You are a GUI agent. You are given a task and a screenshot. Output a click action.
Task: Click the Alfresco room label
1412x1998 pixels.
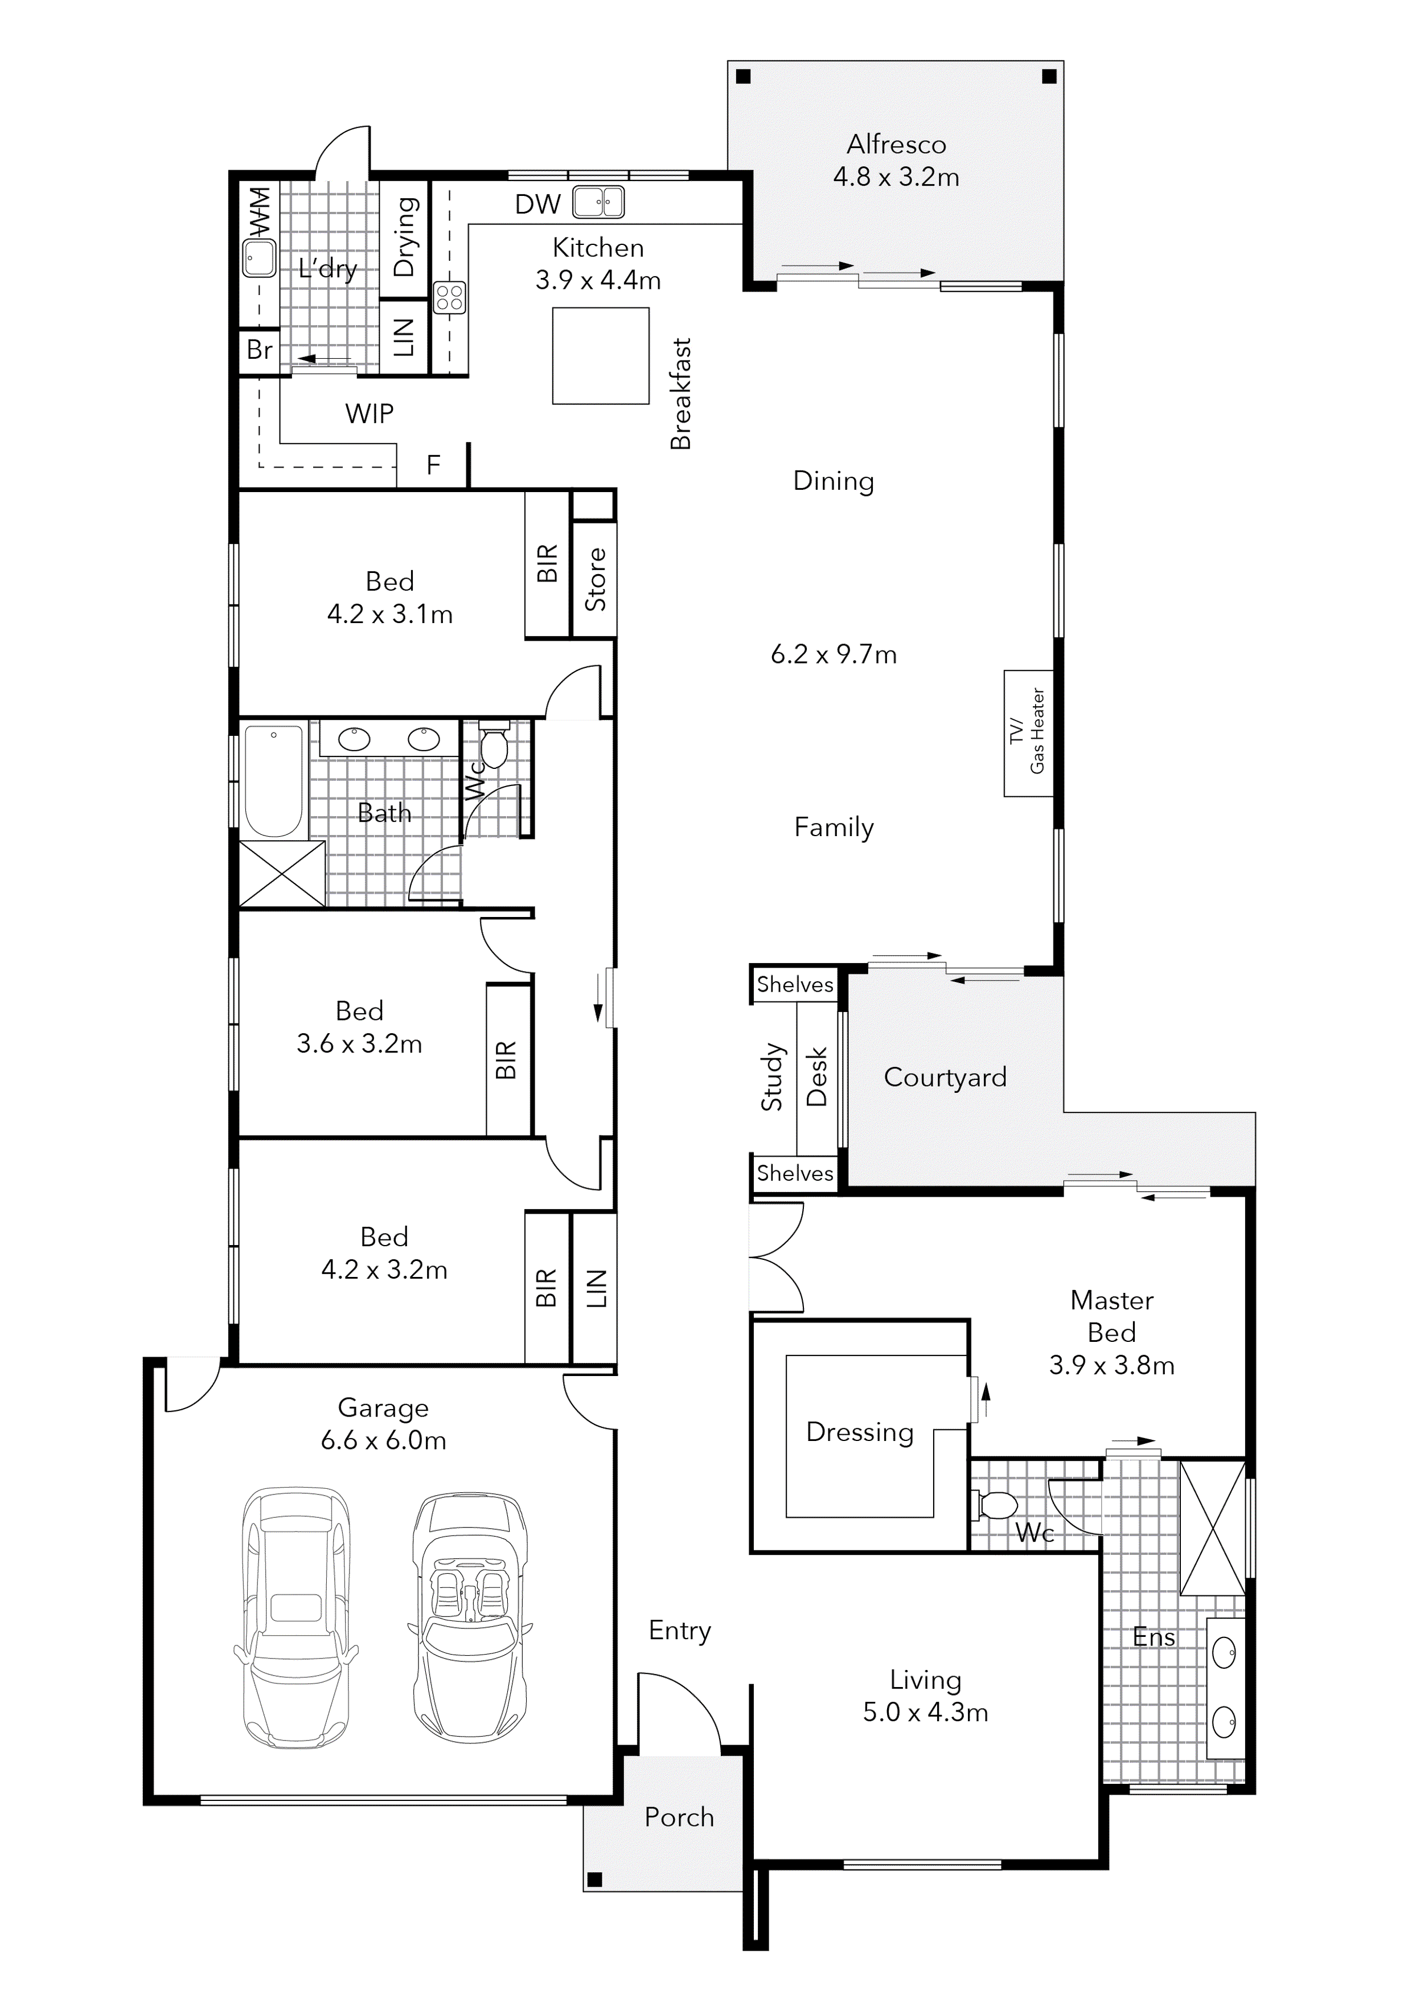point(896,145)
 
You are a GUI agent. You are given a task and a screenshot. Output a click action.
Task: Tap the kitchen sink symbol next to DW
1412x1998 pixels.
point(598,203)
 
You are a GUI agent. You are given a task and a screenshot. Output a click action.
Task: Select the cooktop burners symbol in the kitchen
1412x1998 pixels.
point(450,298)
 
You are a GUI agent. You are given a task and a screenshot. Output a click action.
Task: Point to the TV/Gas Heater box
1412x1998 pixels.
point(1028,732)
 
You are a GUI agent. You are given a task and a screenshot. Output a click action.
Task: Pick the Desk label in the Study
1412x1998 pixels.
point(816,1076)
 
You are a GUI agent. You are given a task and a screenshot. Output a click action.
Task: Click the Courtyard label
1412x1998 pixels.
point(945,1078)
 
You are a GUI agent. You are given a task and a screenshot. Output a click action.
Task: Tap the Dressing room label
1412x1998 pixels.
point(860,1432)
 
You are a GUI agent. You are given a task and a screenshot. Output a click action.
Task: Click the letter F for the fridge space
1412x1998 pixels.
point(433,465)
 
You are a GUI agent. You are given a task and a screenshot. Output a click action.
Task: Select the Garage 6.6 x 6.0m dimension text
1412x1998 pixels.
point(384,1440)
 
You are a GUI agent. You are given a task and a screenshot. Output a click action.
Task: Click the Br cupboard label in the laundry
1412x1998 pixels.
point(259,350)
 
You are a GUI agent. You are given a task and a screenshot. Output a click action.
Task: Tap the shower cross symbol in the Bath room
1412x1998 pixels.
point(282,874)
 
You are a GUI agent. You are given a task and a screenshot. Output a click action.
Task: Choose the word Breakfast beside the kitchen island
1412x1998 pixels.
point(680,394)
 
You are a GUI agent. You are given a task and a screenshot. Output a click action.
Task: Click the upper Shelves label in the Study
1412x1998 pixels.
point(795,984)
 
